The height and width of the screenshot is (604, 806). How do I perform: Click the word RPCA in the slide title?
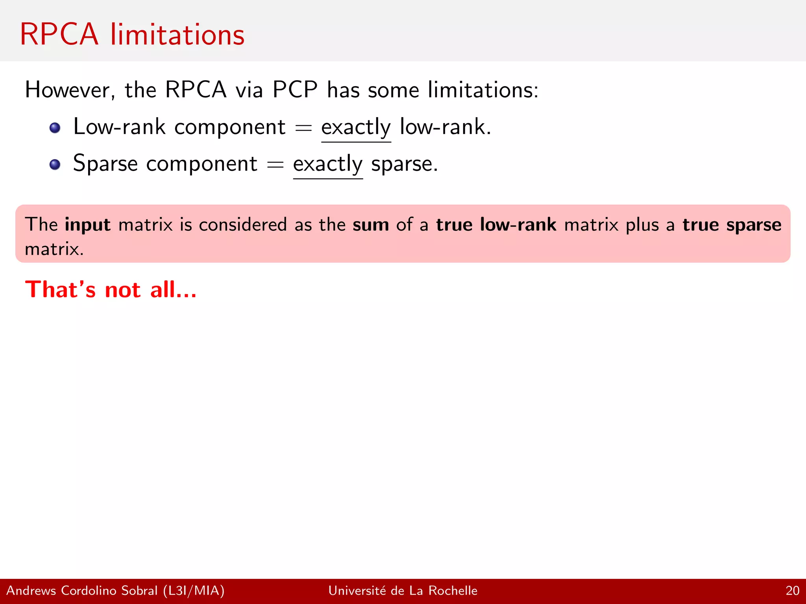(x=59, y=35)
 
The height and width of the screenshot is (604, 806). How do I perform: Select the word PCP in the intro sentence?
(x=295, y=90)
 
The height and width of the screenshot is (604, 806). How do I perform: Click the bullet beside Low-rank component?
(x=55, y=128)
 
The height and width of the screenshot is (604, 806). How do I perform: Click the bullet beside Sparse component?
(x=55, y=164)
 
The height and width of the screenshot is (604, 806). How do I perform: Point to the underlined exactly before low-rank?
(x=356, y=128)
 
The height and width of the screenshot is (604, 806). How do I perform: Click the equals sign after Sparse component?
(x=275, y=165)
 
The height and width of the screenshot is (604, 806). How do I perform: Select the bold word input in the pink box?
(x=87, y=225)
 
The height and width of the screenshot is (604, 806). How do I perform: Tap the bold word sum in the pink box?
(x=371, y=225)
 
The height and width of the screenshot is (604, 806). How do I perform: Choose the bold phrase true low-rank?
(x=496, y=225)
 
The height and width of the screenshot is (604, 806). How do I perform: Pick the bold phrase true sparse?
(x=732, y=225)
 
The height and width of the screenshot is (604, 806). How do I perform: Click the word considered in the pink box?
(x=243, y=225)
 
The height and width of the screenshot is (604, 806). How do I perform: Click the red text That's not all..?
(x=111, y=290)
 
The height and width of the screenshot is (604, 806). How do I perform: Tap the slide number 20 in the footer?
(x=792, y=591)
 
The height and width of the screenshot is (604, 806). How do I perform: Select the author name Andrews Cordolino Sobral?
(x=82, y=591)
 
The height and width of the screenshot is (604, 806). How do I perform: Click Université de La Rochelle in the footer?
(x=403, y=591)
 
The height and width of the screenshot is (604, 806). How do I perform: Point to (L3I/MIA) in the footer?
(x=194, y=591)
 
